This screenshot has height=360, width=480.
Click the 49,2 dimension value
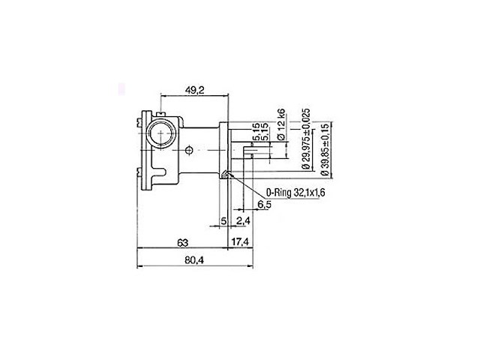pyautogui.click(x=195, y=90)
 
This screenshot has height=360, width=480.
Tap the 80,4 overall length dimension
pyautogui.click(x=194, y=260)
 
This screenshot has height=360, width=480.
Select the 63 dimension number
pyautogui.click(x=183, y=243)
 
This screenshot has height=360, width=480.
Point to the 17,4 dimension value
pyautogui.click(x=240, y=241)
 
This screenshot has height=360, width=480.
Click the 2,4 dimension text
pyautogui.click(x=243, y=220)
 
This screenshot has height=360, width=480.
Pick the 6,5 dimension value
pyautogui.click(x=264, y=205)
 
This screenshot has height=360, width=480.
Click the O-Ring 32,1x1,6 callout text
pyautogui.click(x=295, y=193)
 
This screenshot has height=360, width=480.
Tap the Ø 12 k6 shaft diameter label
pyautogui.click(x=281, y=124)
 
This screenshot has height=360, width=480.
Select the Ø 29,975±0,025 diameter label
pyautogui.click(x=306, y=139)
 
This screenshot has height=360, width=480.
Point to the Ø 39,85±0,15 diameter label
pyautogui.click(x=325, y=149)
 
